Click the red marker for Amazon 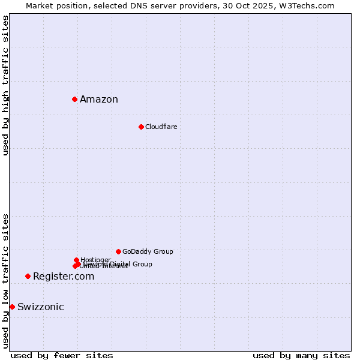(74, 99)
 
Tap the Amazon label (99, 100)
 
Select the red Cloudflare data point (141, 127)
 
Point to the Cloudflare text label (161, 127)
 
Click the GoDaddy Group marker (118, 251)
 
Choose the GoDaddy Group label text (148, 251)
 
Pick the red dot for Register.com (28, 276)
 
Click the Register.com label (64, 277)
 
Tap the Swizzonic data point (12, 307)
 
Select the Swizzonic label (41, 307)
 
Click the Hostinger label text (95, 260)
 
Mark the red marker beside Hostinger (76, 260)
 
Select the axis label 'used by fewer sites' (62, 355)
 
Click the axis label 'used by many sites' (301, 355)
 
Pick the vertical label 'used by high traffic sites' (5, 85)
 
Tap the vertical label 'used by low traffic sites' (5, 281)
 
